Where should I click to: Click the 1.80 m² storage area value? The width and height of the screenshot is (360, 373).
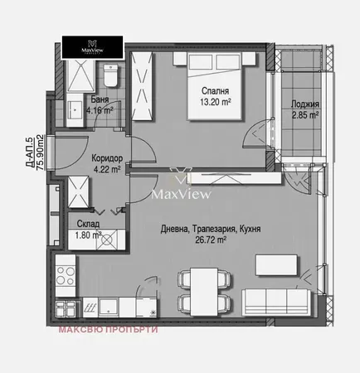point(86,235)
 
